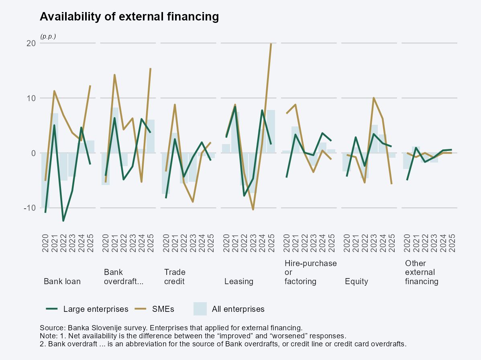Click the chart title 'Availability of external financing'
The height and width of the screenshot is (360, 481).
(x=129, y=17)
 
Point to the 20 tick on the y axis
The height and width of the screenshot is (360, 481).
(x=31, y=43)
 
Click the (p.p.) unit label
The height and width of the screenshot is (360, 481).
(x=48, y=36)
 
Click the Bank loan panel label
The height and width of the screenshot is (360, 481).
(x=62, y=281)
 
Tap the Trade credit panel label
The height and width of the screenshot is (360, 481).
(x=175, y=277)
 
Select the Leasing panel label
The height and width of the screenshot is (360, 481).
(x=238, y=281)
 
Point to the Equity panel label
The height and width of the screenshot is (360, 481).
(x=356, y=281)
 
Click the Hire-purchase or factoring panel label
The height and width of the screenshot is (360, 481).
(x=310, y=273)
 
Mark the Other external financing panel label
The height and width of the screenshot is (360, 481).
(x=421, y=273)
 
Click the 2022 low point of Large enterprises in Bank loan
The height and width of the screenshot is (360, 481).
(x=63, y=221)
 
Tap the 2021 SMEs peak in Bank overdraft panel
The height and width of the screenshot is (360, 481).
(x=114, y=75)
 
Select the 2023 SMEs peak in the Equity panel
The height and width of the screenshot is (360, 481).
(x=374, y=98)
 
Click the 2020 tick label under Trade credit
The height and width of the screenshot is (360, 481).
(x=166, y=243)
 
